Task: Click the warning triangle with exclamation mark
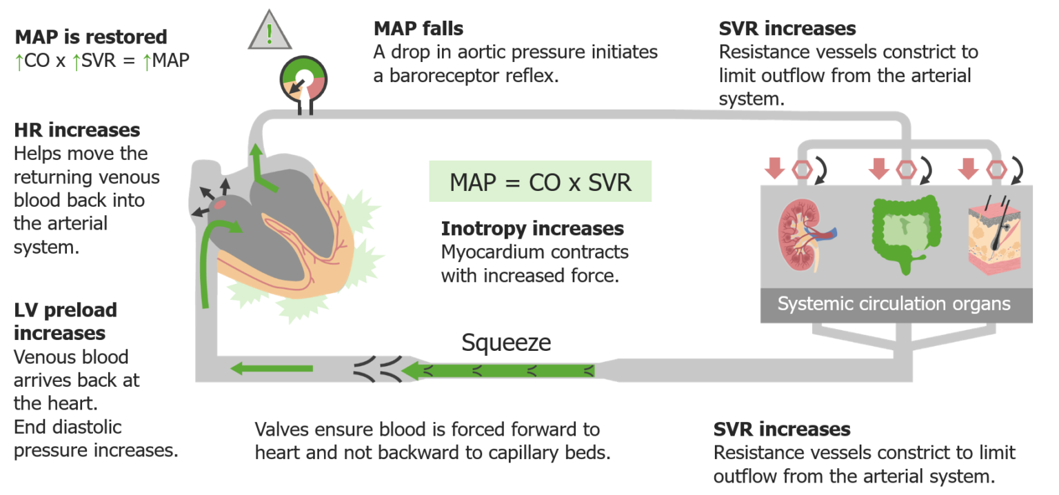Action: click(269, 32)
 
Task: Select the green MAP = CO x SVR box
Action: click(540, 182)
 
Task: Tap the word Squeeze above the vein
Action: click(506, 343)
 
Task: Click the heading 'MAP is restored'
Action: click(91, 37)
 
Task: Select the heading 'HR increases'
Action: click(77, 130)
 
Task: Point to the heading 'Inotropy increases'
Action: click(532, 228)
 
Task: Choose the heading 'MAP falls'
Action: click(418, 28)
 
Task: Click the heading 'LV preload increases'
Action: click(65, 321)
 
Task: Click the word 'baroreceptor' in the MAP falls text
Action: click(446, 75)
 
